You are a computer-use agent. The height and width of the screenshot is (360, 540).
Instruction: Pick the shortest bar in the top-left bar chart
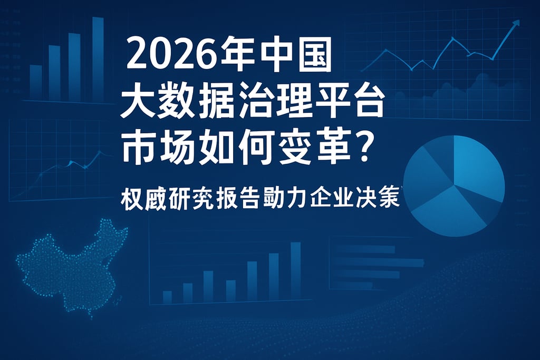[36, 82]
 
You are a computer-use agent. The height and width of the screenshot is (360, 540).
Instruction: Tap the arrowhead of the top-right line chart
[516, 23]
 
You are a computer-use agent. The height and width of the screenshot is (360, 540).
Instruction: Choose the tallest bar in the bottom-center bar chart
[295, 271]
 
